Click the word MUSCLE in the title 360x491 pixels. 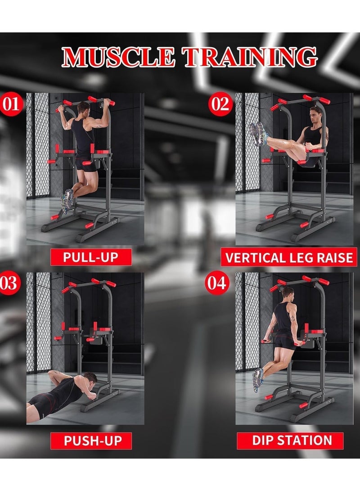[x=118, y=57]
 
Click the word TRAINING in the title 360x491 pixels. [x=249, y=57]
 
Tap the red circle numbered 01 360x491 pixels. [x=11, y=104]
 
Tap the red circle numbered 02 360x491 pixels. [x=220, y=104]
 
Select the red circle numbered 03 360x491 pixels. [x=9, y=283]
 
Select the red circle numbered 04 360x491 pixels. [x=216, y=283]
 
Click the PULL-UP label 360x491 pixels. [x=91, y=257]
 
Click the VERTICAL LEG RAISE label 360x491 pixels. [x=288, y=257]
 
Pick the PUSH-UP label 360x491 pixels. [x=91, y=441]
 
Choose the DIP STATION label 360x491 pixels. [x=290, y=440]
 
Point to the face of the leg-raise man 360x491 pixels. [x=314, y=115]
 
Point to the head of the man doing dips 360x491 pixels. [x=288, y=293]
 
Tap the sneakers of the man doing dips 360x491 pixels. [x=258, y=380]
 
